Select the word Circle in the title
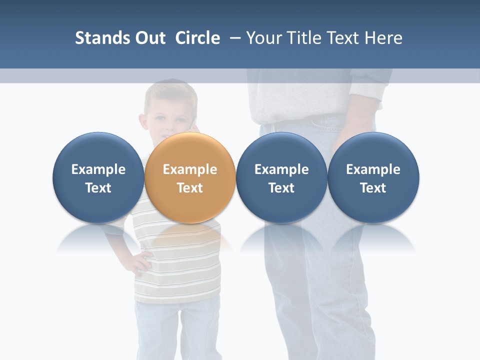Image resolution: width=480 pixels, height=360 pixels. click(x=197, y=38)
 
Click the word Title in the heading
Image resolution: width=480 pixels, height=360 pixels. click(x=309, y=38)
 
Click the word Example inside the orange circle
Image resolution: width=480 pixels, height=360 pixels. click(x=190, y=169)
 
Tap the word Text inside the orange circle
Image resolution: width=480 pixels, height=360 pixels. click(x=190, y=188)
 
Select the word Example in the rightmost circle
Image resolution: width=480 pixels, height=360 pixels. click(x=373, y=169)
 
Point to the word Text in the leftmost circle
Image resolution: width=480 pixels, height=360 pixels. click(x=98, y=188)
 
